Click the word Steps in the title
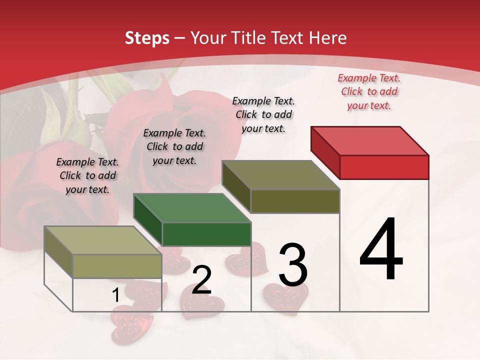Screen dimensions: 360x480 (147, 38)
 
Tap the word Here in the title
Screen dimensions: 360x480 (327, 38)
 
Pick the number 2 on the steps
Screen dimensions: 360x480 (201, 280)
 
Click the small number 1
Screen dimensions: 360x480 (116, 295)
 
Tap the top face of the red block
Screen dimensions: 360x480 (370, 140)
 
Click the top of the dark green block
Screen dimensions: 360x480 (192, 207)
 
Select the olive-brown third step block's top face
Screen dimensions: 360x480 (281, 175)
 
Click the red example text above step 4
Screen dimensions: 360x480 (369, 92)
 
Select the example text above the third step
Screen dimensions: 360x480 (263, 114)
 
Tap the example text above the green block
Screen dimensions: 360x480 (174, 146)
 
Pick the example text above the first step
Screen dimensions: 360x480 (87, 175)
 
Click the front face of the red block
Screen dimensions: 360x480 (384, 167)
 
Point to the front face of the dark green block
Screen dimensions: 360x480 (206, 234)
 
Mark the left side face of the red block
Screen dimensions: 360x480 (325, 150)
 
